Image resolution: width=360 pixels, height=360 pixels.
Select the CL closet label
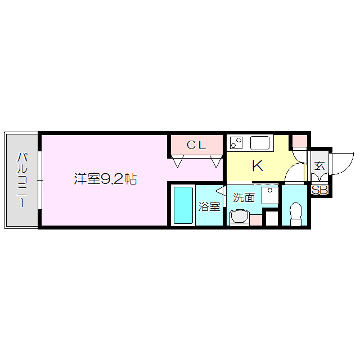(196, 145)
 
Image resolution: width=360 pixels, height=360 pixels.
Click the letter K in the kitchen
(257, 166)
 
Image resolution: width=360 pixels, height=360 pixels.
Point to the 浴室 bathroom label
(209, 206)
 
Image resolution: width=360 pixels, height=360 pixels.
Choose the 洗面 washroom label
(244, 197)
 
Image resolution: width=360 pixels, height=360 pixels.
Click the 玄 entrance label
(319, 166)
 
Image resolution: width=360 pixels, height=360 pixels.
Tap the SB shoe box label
(319, 190)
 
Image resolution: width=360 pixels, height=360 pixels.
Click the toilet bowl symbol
(295, 214)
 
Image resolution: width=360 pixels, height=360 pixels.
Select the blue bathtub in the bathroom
(183, 205)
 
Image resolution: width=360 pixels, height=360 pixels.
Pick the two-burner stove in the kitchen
(236, 143)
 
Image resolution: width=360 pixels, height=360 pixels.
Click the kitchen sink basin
(260, 143)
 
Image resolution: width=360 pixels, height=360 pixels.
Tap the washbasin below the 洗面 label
(239, 217)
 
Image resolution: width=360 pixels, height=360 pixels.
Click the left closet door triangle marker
(178, 163)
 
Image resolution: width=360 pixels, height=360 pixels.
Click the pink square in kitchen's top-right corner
(299, 141)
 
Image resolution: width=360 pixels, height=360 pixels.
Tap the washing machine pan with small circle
(271, 195)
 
